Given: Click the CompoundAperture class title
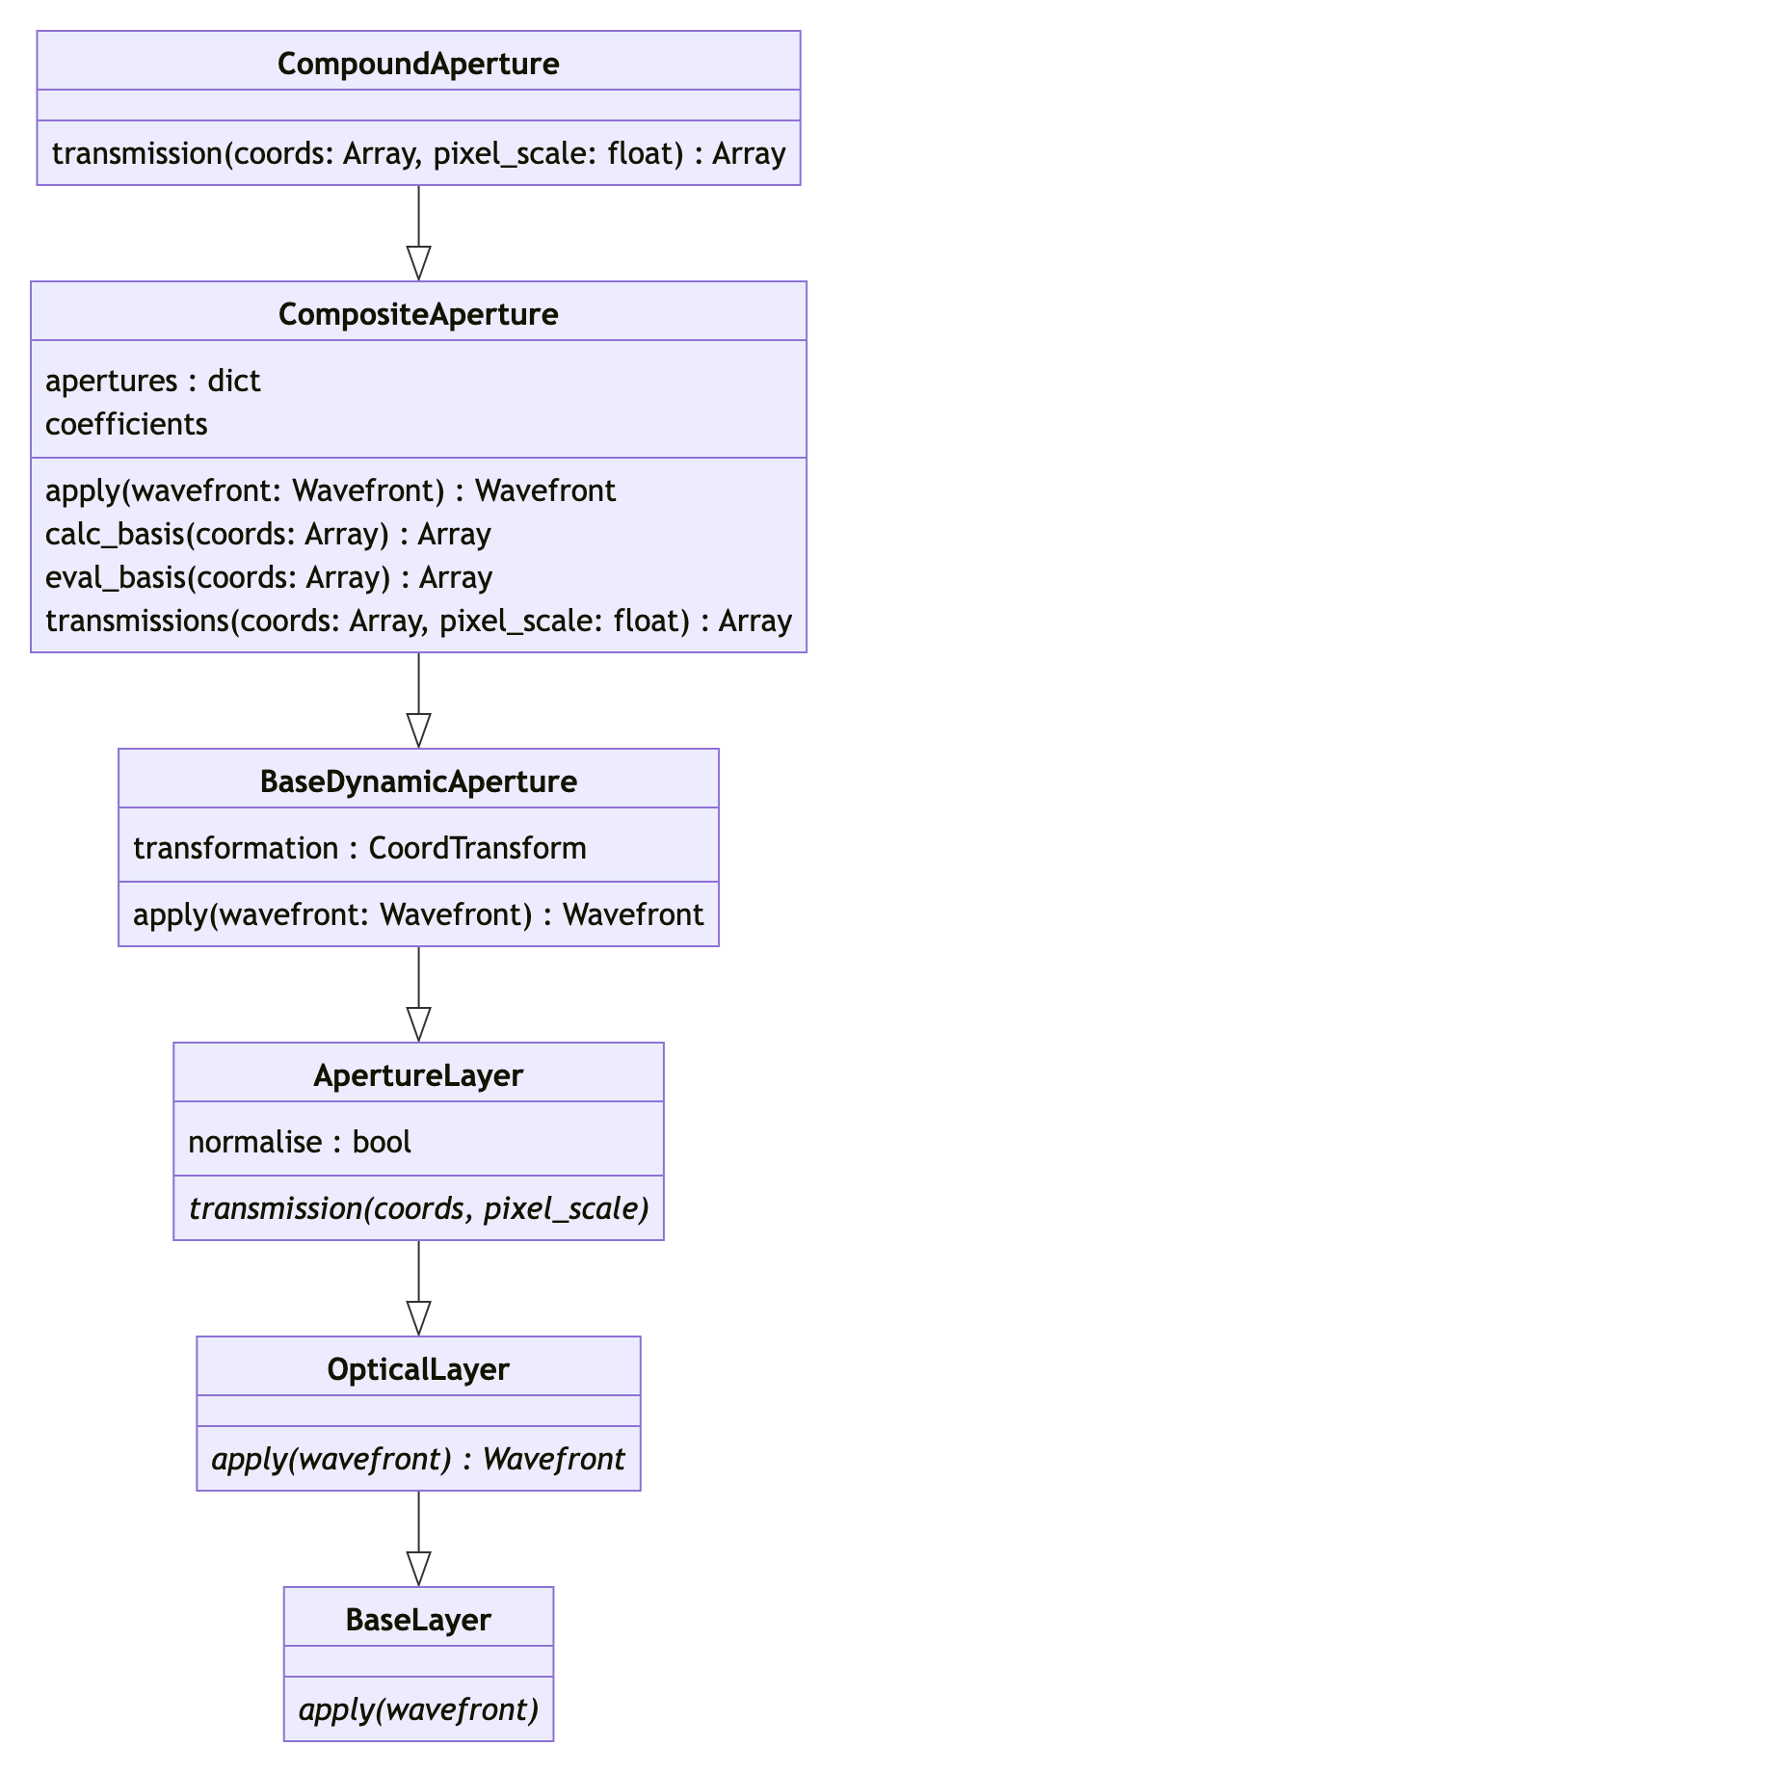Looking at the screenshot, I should [418, 64].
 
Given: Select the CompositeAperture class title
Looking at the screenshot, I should [418, 314].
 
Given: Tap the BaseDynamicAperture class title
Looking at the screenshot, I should [418, 781].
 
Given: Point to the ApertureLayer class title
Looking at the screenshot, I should [418, 1075].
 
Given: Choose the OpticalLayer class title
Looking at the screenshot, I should [418, 1369].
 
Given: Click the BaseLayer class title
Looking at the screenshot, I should [418, 1620].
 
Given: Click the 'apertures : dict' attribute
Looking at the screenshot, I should [153, 382].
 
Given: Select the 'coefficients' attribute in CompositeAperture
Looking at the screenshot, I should [126, 425].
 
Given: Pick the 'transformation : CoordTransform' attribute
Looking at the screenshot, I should [359, 848].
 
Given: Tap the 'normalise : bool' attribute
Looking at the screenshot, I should [300, 1142].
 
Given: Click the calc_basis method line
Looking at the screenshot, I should [268, 535].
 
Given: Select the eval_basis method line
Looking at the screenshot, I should [269, 578].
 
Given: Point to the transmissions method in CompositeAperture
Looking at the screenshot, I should [418, 622].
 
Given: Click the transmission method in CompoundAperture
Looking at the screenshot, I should [418, 154].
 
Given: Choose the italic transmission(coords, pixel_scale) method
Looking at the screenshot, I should [418, 1208].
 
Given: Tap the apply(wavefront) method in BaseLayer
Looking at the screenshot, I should [418, 1709].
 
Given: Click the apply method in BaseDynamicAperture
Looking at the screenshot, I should [418, 914].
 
